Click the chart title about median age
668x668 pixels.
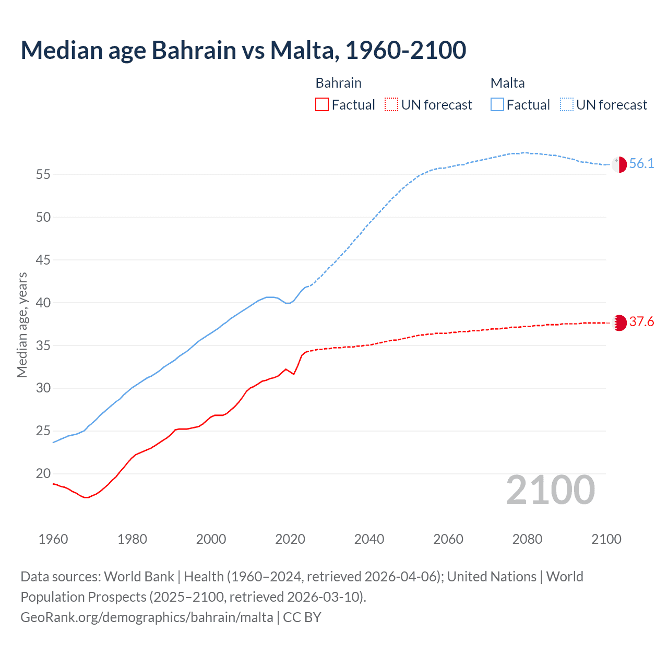(243, 50)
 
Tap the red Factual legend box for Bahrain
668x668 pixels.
(322, 104)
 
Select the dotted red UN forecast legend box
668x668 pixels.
(391, 104)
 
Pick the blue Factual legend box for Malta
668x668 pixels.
(497, 104)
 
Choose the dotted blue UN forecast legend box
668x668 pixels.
(566, 104)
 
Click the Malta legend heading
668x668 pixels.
(507, 83)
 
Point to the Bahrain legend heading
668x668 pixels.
(338, 83)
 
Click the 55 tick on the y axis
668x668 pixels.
(43, 174)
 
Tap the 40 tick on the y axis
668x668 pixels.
(43, 303)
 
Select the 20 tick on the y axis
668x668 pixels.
(43, 474)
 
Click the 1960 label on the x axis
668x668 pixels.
(53, 539)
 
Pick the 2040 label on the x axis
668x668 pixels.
(369, 539)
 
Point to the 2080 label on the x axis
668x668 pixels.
(527, 539)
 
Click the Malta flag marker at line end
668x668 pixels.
(619, 164)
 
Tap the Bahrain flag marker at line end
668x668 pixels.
(619, 323)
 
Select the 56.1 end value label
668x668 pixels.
(641, 164)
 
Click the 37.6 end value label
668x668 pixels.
(641, 322)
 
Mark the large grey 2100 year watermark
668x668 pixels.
(551, 490)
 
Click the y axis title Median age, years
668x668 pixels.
(22, 325)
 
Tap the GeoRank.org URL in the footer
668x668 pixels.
(147, 617)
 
